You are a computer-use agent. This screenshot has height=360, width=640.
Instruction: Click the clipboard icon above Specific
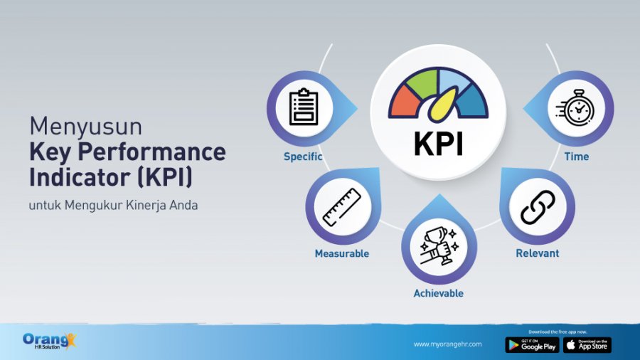tap(304, 108)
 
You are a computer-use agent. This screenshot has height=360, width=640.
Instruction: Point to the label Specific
tap(303, 157)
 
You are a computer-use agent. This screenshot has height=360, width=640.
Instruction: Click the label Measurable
tap(342, 253)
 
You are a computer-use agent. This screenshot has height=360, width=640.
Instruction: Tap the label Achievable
tap(439, 293)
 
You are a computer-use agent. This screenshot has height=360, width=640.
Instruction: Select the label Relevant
tap(538, 253)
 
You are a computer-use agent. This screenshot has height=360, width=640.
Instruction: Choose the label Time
tap(577, 157)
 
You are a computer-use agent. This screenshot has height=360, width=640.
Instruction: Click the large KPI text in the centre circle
tap(439, 142)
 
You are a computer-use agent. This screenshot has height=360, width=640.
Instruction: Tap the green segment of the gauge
tap(424, 83)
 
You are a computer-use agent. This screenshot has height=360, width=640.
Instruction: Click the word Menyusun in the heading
tap(86, 126)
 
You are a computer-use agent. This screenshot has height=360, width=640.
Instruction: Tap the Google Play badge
tap(532, 345)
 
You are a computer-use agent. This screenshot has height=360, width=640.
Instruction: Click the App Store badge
tap(587, 345)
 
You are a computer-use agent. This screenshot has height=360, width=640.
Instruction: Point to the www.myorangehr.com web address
tap(447, 344)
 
